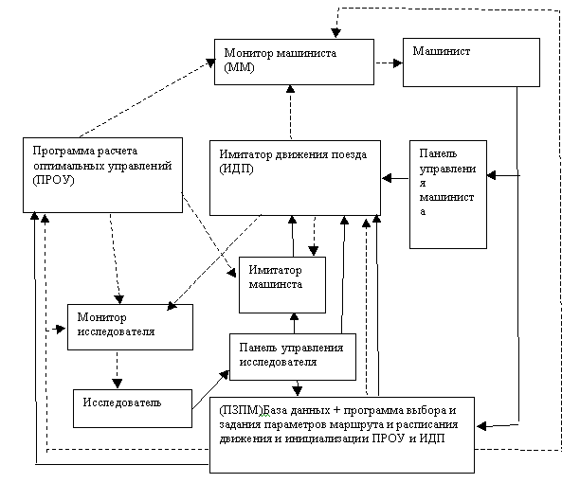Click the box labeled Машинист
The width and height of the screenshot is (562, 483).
click(471, 63)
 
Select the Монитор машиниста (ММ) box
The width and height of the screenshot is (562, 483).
click(294, 62)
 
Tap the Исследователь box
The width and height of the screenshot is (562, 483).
click(133, 408)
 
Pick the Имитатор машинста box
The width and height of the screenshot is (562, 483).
click(282, 285)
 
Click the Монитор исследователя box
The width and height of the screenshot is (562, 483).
click(130, 327)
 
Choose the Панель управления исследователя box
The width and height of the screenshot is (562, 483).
click(293, 357)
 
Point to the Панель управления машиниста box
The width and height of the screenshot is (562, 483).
click(448, 194)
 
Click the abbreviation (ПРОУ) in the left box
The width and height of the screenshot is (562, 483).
click(53, 180)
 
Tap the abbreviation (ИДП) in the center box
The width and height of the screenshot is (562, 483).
click(236, 169)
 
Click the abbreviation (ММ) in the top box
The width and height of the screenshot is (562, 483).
click(239, 67)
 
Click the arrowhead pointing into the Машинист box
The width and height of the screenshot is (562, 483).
click(398, 63)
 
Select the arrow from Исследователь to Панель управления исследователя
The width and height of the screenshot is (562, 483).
click(210, 390)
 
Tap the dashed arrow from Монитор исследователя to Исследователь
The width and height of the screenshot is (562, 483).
click(118, 369)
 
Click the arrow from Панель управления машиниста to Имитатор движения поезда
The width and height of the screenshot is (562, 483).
click(395, 178)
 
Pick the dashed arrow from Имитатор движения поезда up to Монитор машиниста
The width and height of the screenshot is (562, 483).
click(290, 112)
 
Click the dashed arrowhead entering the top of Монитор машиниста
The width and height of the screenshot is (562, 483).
click(335, 33)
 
